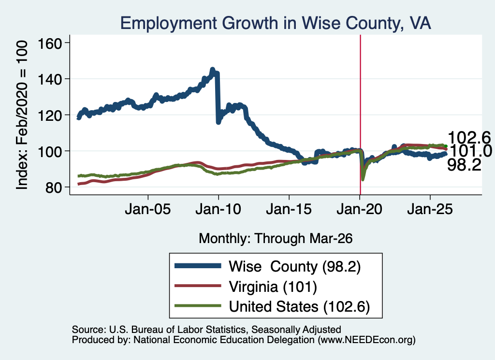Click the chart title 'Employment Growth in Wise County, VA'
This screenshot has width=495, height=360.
click(x=276, y=23)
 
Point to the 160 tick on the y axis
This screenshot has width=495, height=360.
click(x=50, y=43)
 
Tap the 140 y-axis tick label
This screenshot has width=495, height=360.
click(x=50, y=79)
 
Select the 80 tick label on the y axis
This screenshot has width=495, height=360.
click(x=53, y=187)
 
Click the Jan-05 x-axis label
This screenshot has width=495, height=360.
click(x=148, y=209)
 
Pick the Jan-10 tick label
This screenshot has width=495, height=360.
click(x=218, y=209)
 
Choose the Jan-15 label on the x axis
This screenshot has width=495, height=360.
click(x=289, y=209)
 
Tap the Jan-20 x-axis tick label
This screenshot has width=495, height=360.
click(x=360, y=209)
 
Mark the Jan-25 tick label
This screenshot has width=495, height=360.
click(x=430, y=209)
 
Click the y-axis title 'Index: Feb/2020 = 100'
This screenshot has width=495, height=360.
click(x=22, y=115)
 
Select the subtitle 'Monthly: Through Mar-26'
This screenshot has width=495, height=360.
click(x=276, y=239)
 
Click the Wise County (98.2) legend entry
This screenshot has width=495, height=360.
click(x=268, y=266)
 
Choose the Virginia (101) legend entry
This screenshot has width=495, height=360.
click(x=246, y=287)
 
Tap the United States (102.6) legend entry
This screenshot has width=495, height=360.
click(x=272, y=306)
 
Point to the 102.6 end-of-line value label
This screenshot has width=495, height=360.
click(x=469, y=138)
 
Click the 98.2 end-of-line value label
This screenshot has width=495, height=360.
click(x=465, y=165)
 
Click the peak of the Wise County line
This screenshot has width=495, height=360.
click(x=213, y=70)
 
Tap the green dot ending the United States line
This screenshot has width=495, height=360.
click(x=446, y=146)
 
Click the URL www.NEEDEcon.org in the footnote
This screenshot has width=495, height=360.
click(x=366, y=340)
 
